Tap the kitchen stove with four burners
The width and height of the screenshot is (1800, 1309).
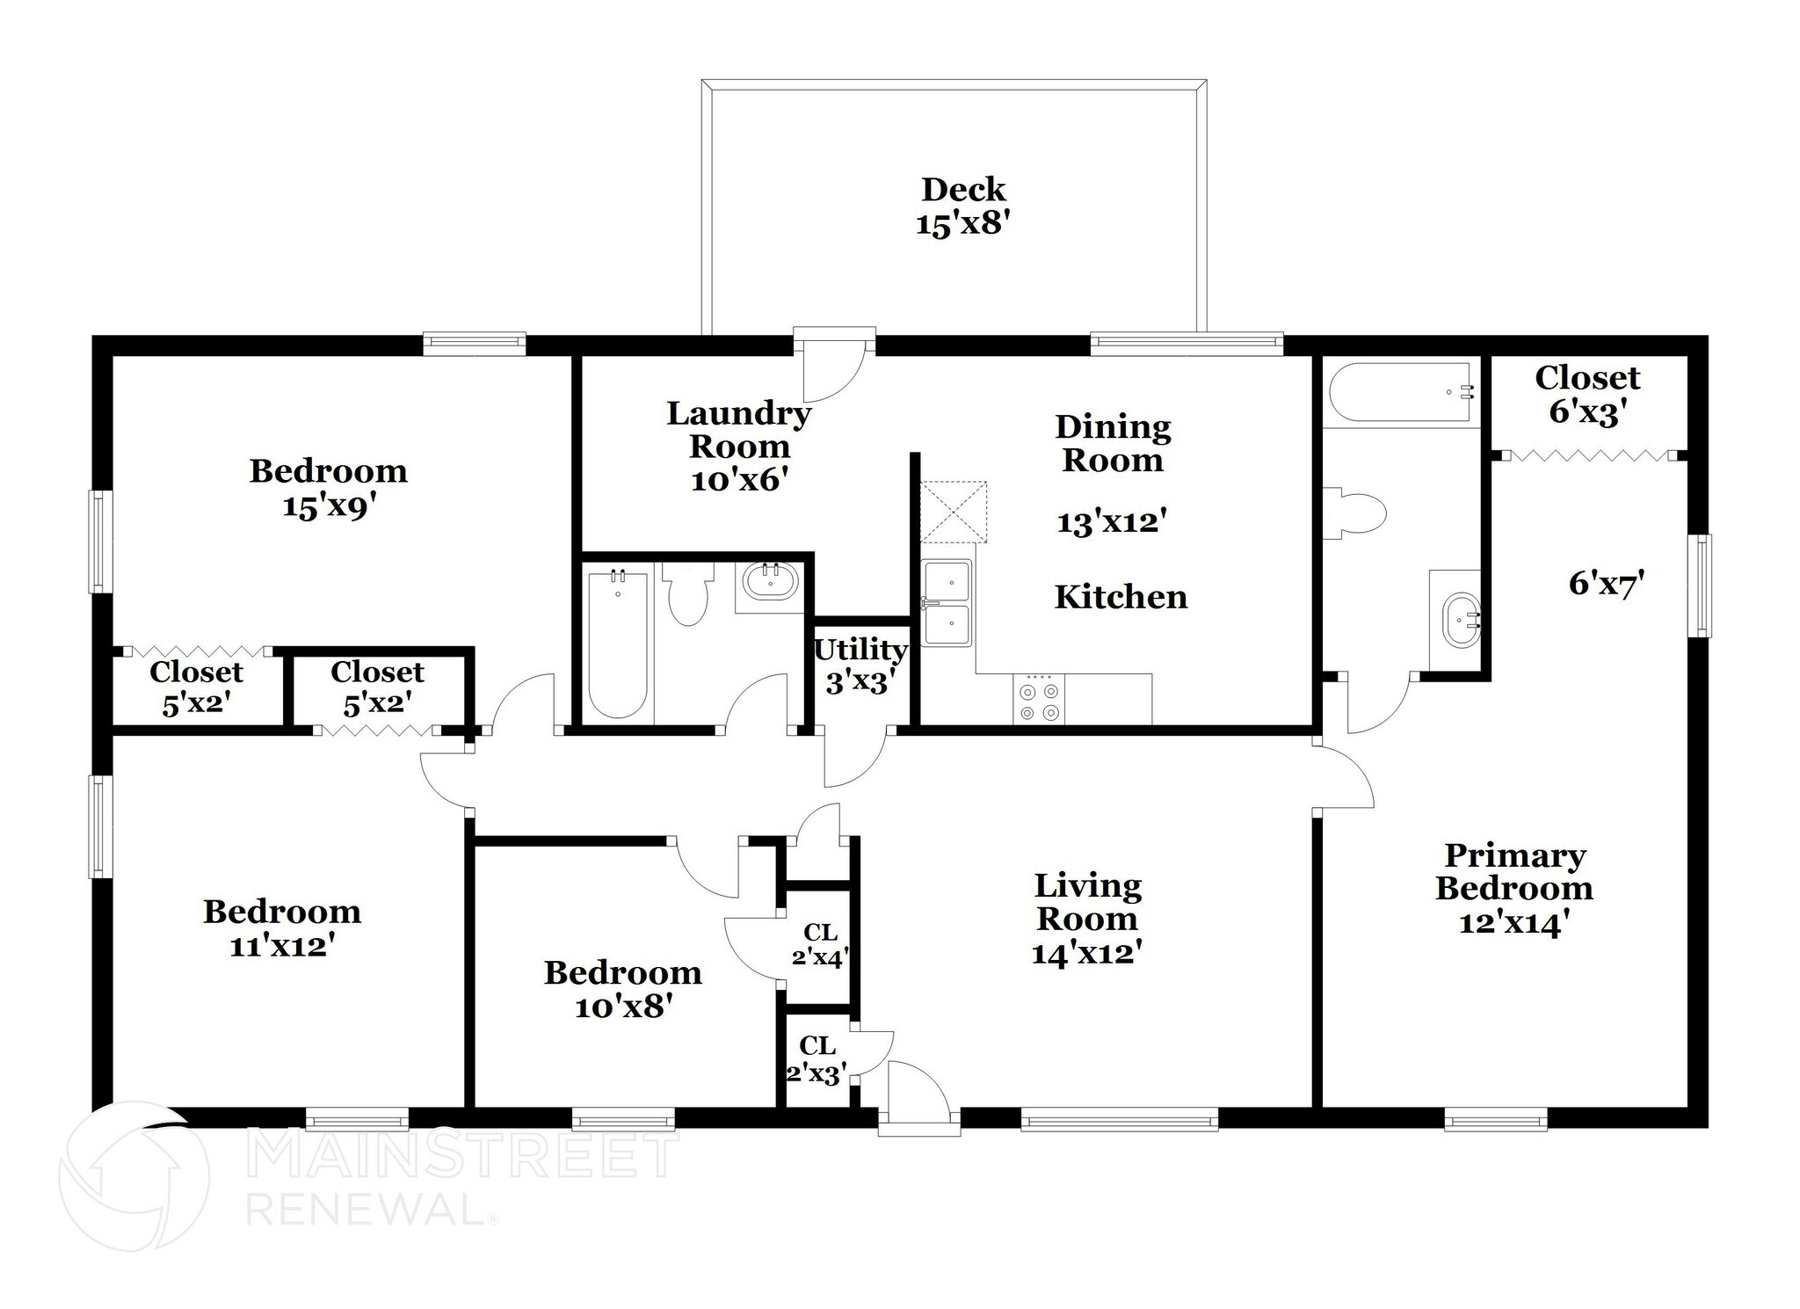pyautogui.click(x=1038, y=700)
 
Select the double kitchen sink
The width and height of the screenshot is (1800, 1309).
pyautogui.click(x=947, y=603)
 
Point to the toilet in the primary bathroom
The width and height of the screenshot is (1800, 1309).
pyautogui.click(x=1356, y=512)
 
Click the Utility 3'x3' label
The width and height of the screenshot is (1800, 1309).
pyautogui.click(x=860, y=665)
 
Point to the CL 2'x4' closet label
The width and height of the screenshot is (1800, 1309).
pyautogui.click(x=819, y=944)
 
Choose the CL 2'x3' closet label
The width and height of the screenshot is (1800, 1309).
pyautogui.click(x=817, y=1059)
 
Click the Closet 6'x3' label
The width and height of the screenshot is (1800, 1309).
pyautogui.click(x=1586, y=395)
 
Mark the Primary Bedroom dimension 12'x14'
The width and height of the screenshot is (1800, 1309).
pyautogui.click(x=1513, y=924)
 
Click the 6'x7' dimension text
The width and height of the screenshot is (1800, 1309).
pyautogui.click(x=1606, y=584)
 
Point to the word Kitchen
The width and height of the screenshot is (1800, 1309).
pyautogui.click(x=1120, y=598)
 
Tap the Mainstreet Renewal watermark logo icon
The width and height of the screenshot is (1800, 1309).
pyautogui.click(x=134, y=1174)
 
